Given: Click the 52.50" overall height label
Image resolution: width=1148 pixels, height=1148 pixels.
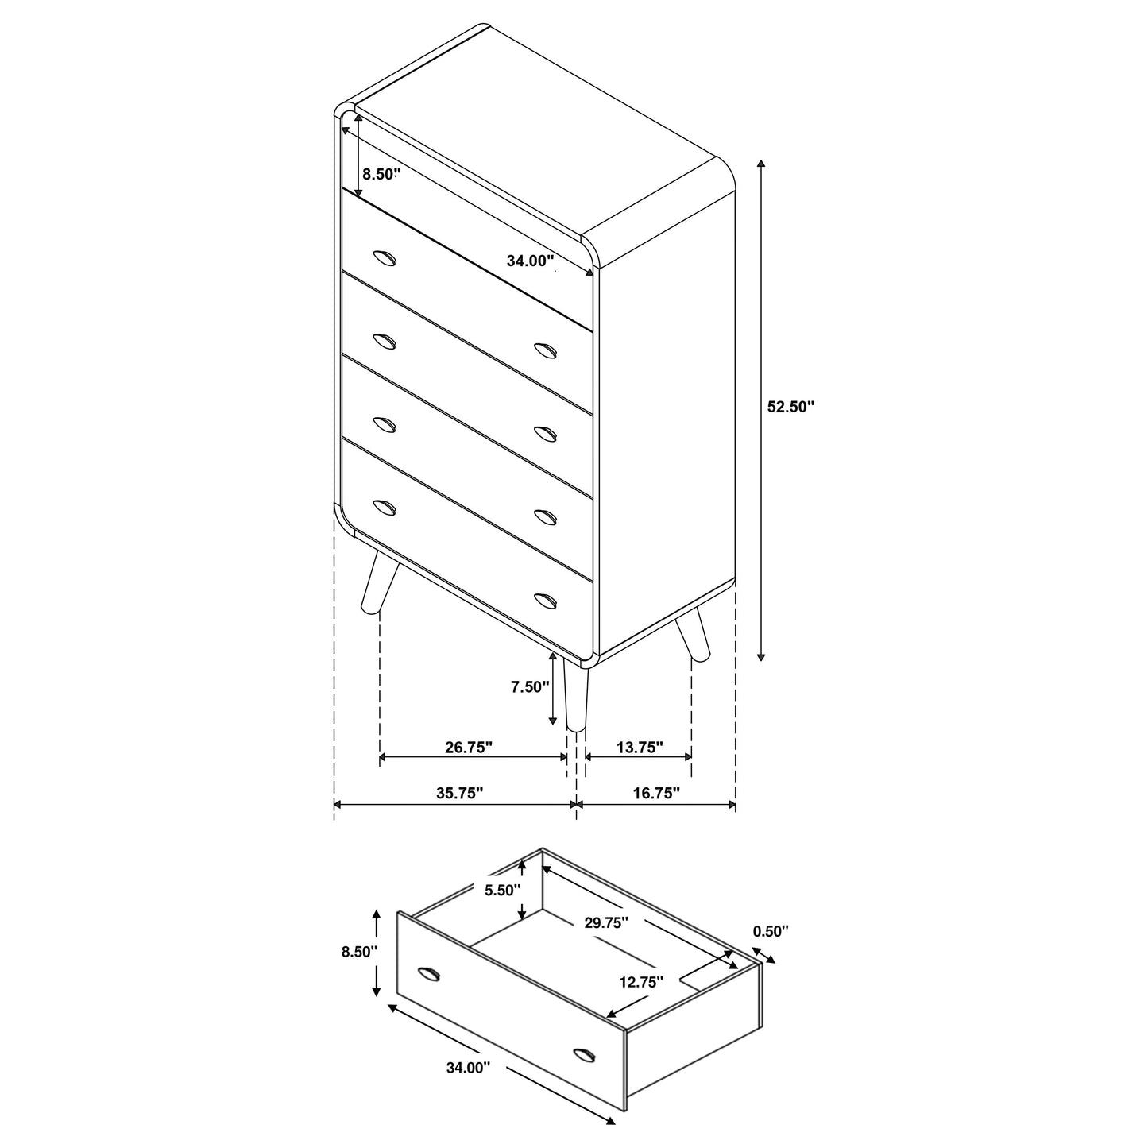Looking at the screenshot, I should click(x=790, y=407).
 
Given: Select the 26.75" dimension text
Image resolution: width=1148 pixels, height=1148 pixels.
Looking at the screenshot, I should click(x=469, y=747).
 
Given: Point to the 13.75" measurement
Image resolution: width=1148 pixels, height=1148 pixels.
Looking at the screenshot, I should click(x=640, y=747).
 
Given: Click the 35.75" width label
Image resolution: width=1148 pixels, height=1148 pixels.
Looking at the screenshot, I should click(x=459, y=793).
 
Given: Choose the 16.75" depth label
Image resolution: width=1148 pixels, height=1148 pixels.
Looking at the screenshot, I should click(x=656, y=793).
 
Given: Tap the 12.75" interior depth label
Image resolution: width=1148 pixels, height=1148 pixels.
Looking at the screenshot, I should click(x=641, y=982).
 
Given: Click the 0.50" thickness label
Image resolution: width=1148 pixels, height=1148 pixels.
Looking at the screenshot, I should click(x=771, y=931).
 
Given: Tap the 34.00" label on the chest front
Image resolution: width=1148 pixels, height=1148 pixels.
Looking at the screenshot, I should click(x=529, y=260).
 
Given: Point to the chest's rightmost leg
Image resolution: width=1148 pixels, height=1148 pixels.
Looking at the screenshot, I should click(x=693, y=636).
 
